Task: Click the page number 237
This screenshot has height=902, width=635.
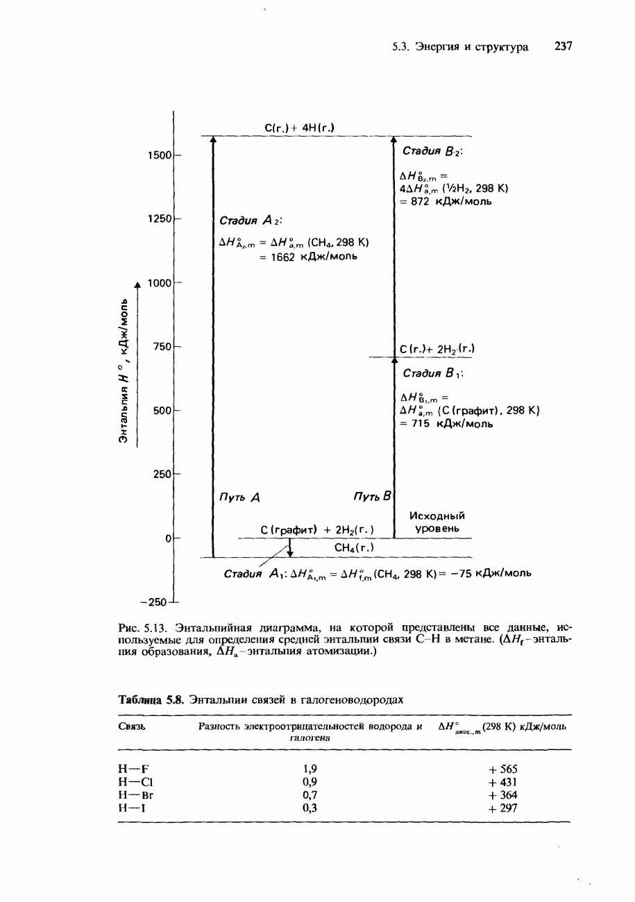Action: click(563, 47)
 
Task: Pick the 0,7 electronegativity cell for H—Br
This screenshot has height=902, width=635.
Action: click(310, 795)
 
